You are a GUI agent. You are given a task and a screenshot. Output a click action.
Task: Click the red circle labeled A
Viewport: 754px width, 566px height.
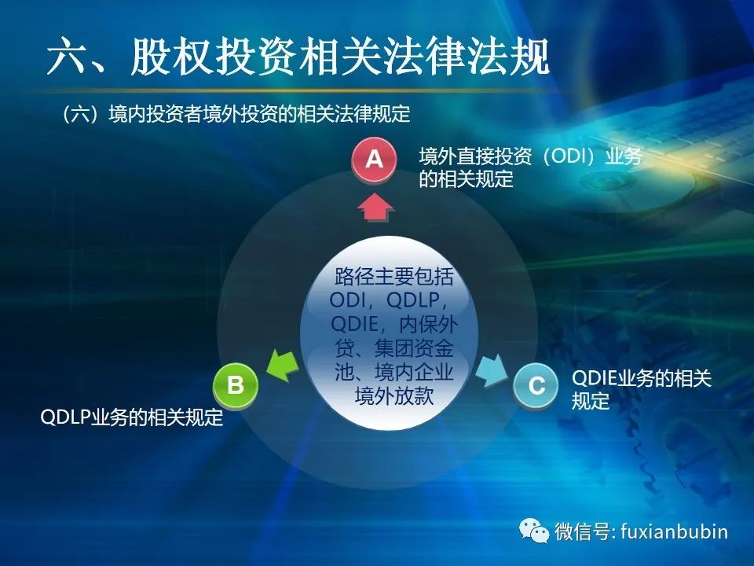point(374,159)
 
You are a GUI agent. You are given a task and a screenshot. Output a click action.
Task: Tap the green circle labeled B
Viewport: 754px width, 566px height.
point(236,385)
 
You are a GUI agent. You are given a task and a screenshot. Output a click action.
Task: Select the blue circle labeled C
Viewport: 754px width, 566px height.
point(536,385)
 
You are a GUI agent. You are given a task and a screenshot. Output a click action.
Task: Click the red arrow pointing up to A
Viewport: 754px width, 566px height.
point(376,207)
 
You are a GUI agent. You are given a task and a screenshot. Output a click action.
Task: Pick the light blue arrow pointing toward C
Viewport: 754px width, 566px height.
point(492,369)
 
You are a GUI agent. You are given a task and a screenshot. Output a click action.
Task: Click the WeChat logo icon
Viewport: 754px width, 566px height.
point(534,531)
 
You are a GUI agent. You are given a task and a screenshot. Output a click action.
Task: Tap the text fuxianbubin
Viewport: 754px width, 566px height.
point(674,531)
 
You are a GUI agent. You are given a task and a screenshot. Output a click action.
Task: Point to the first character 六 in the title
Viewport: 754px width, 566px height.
point(68,56)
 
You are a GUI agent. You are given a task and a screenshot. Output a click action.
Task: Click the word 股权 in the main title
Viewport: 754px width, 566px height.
point(172,56)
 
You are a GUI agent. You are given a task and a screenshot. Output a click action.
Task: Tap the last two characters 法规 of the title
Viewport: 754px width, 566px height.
point(509,56)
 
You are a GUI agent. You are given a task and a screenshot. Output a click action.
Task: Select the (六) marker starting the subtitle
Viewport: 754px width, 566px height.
point(81,114)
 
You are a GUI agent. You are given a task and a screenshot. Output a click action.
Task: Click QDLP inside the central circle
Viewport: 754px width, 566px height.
point(413,300)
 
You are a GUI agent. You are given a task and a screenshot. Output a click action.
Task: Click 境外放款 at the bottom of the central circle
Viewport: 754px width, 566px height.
point(394,395)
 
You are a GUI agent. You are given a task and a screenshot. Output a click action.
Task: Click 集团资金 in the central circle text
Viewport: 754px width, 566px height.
point(414,348)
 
